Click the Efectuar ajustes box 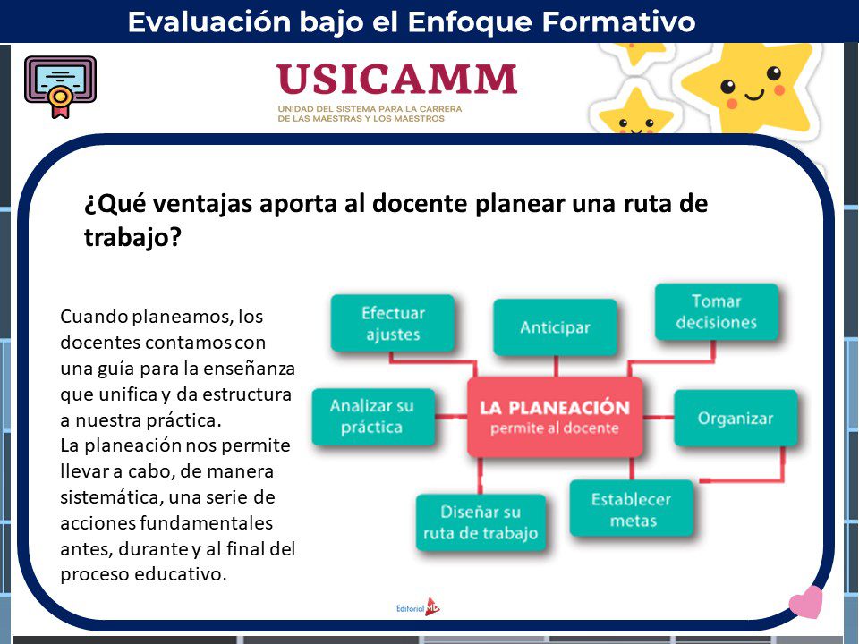393,323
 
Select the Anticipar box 555,327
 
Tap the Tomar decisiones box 717,311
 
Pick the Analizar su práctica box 373,417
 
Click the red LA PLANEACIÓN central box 555,417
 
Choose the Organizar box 736,419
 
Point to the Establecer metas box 632,509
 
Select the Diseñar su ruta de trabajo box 481,522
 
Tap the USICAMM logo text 396,80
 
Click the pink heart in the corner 806,602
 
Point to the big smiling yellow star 750,87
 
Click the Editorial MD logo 418,606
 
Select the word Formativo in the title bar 618,21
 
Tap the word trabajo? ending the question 132,238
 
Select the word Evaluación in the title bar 209,21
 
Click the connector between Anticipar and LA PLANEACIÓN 556,367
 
